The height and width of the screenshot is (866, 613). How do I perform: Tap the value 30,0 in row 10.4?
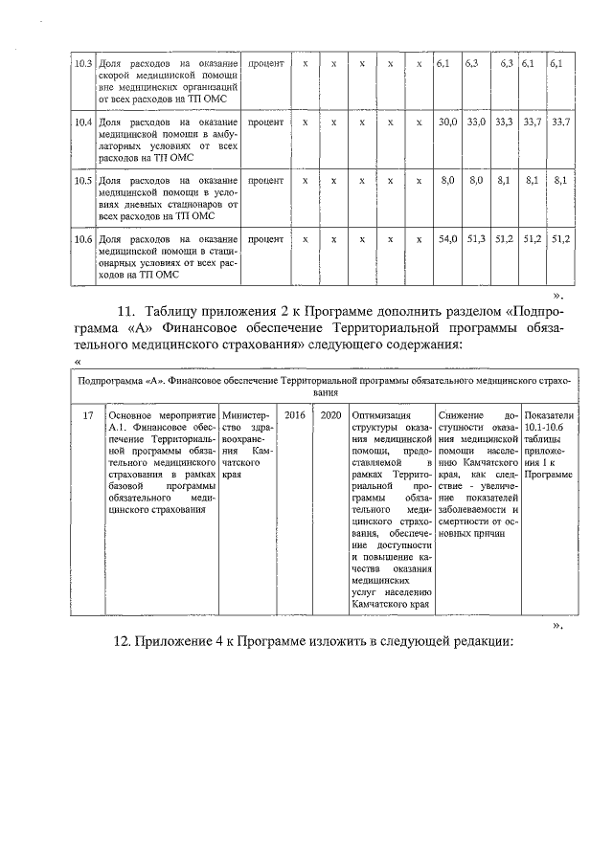tap(446, 122)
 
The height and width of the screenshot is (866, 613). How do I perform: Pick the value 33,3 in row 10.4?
tap(504, 122)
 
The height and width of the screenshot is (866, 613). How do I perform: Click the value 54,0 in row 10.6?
tap(446, 237)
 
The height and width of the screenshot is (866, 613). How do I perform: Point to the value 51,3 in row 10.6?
tap(475, 237)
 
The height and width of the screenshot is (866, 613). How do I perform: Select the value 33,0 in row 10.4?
tap(475, 122)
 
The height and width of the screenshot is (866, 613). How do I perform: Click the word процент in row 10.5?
tap(265, 180)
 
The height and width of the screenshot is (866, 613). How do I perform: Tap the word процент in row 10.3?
tap(265, 63)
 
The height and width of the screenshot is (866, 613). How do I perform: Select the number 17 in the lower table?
tap(87, 415)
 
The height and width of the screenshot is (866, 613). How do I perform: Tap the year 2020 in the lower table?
tap(330, 415)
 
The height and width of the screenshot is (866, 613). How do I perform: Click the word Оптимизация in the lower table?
tap(381, 415)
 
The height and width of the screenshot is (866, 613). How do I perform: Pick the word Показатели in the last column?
tap(550, 415)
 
